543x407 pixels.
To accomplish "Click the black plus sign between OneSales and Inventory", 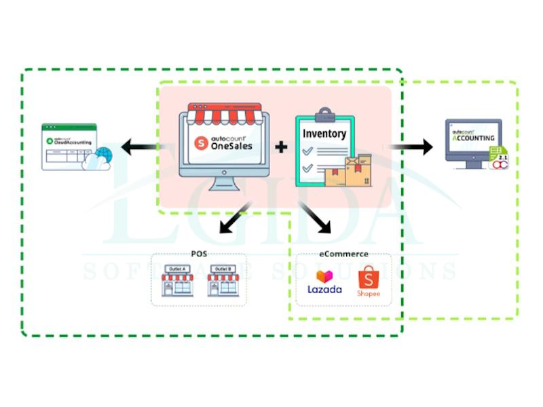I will coord(280,146).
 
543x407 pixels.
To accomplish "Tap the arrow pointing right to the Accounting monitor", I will coord(411,146).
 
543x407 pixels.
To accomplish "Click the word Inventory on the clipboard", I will coord(324,134).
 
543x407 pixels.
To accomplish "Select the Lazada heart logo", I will coord(324,276).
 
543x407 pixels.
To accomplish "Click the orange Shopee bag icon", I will coord(368,278).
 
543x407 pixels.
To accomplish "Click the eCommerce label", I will coord(343,254).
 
